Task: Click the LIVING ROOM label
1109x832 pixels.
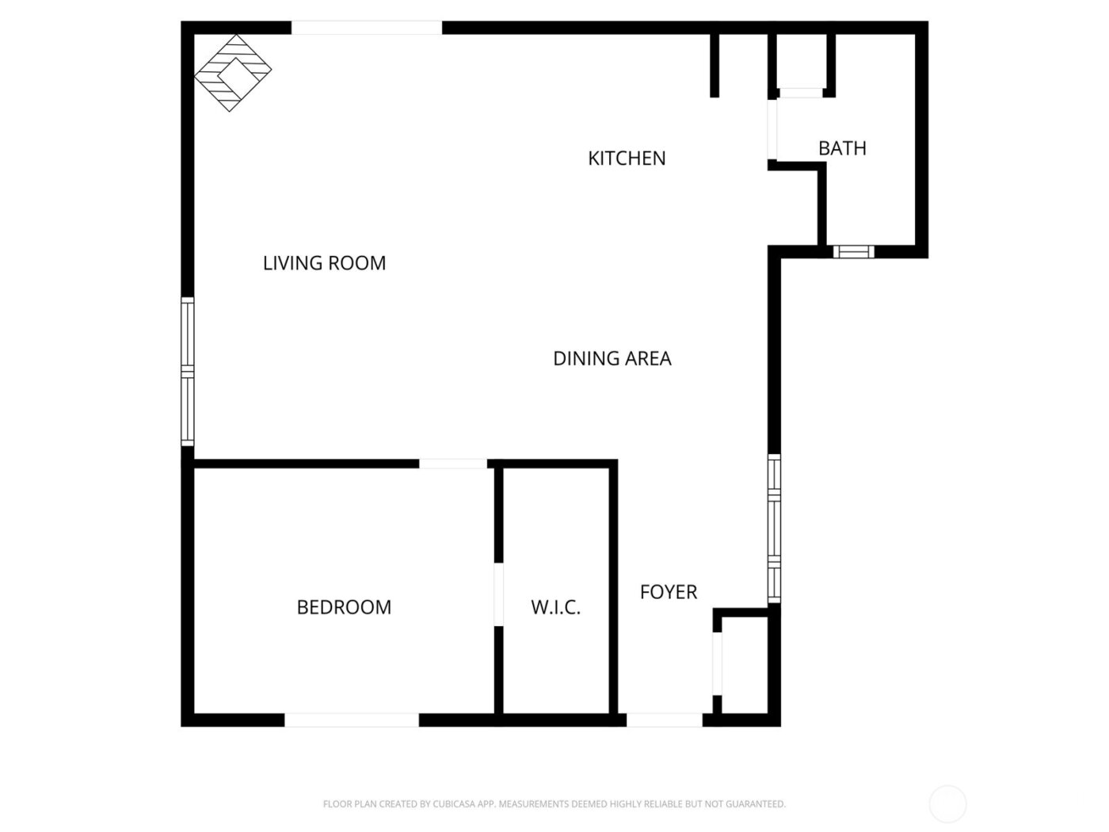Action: [x=324, y=263]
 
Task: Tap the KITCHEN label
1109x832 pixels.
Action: [x=627, y=158]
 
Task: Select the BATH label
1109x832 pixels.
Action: [x=842, y=148]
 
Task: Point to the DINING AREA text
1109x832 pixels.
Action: [x=612, y=359]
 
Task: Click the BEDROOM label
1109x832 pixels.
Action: [x=344, y=608]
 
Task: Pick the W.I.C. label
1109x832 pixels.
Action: [x=555, y=608]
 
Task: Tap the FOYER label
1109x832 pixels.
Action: [x=669, y=592]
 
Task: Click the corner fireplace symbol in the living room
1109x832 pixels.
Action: [x=233, y=72]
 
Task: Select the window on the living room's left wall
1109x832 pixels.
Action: [x=188, y=371]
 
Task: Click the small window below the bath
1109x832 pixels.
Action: [x=854, y=252]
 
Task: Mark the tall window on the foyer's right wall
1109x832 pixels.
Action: [x=774, y=529]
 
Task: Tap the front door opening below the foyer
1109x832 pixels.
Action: [x=664, y=720]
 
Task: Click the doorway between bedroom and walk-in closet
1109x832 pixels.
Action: [x=498, y=594]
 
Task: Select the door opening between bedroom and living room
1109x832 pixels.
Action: [x=452, y=464]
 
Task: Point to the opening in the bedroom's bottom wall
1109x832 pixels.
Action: [x=352, y=720]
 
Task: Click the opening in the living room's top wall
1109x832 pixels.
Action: [x=366, y=28]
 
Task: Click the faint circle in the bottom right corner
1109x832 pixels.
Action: [x=947, y=804]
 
